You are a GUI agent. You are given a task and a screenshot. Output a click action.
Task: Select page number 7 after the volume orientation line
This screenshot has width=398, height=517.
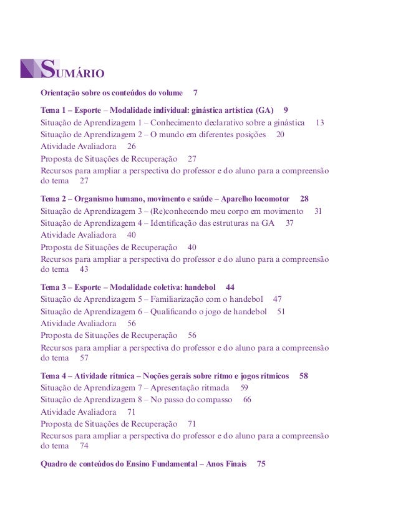pyautogui.click(x=195, y=93)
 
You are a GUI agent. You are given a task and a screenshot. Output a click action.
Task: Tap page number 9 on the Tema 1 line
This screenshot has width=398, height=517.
pyautogui.click(x=286, y=110)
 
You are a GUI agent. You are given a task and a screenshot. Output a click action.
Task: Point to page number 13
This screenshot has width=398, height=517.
pyautogui.click(x=320, y=122)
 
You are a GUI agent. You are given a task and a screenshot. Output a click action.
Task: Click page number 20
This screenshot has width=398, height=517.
pyautogui.click(x=280, y=134)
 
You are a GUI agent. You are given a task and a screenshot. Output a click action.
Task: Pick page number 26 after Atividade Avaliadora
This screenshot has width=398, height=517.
pyautogui.click(x=131, y=146)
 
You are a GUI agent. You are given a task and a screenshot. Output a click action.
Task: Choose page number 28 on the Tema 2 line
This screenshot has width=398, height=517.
pyautogui.click(x=304, y=199)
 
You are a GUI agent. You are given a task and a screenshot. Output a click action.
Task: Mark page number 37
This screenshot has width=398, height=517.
pyautogui.click(x=289, y=223)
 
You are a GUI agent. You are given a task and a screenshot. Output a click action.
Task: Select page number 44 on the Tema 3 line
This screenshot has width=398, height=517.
pyautogui.click(x=230, y=287)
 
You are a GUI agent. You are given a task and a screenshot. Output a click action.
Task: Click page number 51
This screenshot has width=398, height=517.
pyautogui.click(x=281, y=311)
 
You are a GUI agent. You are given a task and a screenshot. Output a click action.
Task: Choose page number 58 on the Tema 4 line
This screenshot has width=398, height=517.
pyautogui.click(x=304, y=376)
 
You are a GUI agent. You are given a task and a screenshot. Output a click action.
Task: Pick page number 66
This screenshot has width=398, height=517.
pyautogui.click(x=247, y=400)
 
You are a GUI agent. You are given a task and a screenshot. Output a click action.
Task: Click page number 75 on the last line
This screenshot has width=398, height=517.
pyautogui.click(x=261, y=464)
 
